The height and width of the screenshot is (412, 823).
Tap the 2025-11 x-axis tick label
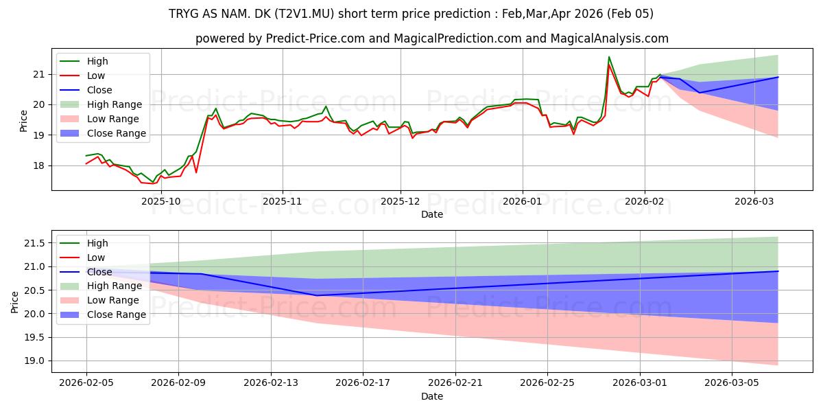tap(282, 201)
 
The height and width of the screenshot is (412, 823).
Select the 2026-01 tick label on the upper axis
tap(523, 201)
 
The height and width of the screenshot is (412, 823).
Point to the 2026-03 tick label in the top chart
tap(754, 201)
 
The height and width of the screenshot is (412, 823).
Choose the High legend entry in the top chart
tap(97, 61)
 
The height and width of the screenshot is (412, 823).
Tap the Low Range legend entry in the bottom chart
tap(114, 300)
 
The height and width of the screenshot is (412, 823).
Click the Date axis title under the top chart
tap(432, 214)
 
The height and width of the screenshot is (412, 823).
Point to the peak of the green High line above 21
tap(608, 57)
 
